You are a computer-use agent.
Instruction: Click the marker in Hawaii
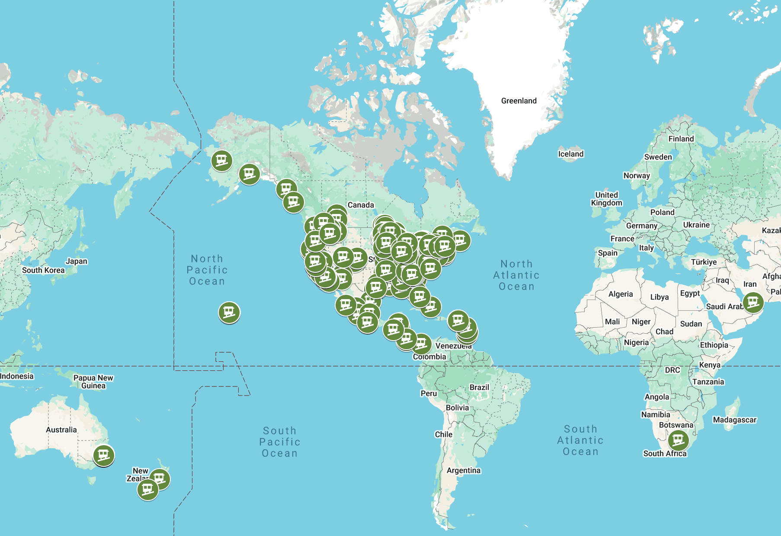[229, 312]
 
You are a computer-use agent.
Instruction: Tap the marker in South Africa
[678, 440]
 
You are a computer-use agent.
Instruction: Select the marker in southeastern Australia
[104, 455]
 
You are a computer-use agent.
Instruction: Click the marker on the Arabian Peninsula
[753, 302]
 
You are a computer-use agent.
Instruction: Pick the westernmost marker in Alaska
[222, 160]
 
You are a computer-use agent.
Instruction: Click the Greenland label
[519, 101]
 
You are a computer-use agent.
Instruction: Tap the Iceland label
[570, 154]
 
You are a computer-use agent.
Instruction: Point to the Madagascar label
[734, 420]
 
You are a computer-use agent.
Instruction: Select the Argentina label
[463, 470]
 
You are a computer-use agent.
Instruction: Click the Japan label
[77, 261]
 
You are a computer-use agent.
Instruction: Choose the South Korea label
[43, 270]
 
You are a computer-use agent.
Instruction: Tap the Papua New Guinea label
[93, 382]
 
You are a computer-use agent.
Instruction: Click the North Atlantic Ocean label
[516, 275]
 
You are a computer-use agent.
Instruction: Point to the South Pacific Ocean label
[280, 442]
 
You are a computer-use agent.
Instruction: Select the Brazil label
[479, 387]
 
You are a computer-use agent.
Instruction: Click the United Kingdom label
[606, 199]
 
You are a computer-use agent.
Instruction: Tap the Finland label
[681, 139]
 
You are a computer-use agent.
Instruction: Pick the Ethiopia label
[714, 345]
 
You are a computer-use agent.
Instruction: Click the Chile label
[444, 434]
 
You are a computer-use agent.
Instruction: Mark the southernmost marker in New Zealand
[148, 490]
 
